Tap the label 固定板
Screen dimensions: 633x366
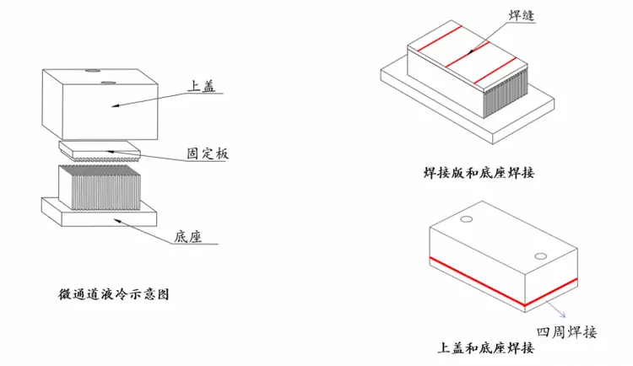pos(208,153)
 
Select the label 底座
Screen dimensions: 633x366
pos(187,236)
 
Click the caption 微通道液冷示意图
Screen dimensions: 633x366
pos(114,294)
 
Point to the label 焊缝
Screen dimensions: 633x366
pos(522,15)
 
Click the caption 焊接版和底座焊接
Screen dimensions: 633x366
pos(479,173)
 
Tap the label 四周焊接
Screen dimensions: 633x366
pos(566,332)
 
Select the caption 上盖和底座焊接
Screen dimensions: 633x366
pos(485,347)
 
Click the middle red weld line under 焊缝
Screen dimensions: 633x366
pos(468,55)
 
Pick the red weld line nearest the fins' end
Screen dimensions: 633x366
pos(495,71)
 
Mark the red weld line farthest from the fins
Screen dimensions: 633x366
pos(440,39)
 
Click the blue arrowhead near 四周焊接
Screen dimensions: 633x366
pos(564,315)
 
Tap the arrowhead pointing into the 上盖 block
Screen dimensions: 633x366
pos(116,105)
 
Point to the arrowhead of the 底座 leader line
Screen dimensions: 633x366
pos(117,221)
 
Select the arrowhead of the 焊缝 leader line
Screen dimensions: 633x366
pos(469,51)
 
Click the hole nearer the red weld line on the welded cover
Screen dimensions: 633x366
pos(540,256)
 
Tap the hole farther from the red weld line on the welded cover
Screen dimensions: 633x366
pos(466,219)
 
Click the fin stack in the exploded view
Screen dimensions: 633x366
pos(100,187)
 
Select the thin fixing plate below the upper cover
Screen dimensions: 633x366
pos(100,151)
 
